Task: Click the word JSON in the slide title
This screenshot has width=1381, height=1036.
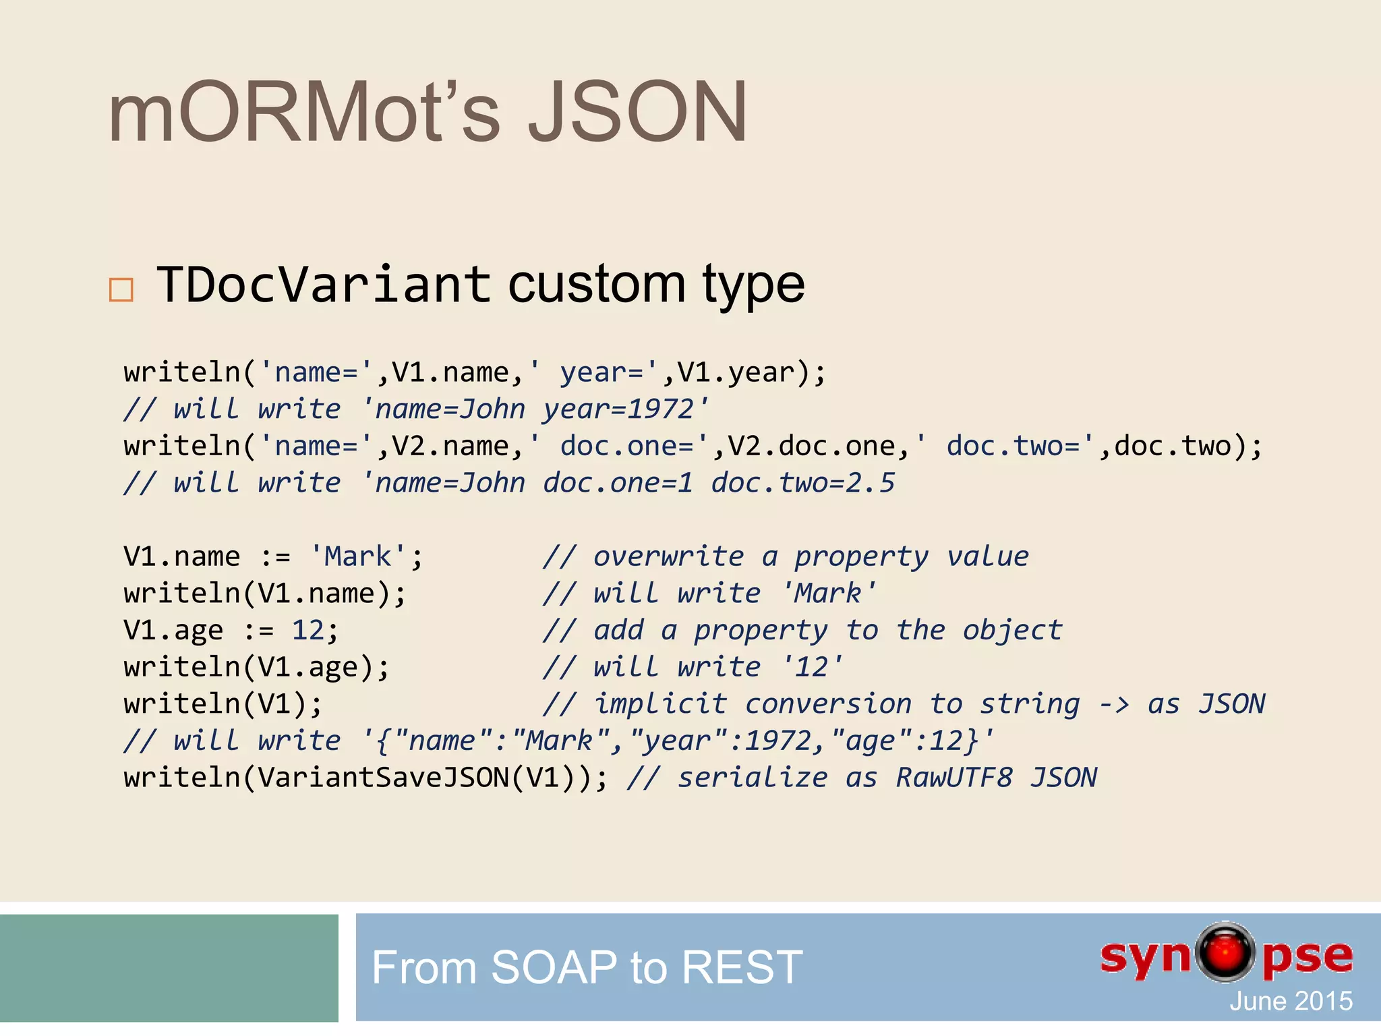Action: (637, 113)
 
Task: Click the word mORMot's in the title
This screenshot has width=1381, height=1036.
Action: (303, 113)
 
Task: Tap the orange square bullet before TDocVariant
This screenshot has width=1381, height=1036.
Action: (121, 289)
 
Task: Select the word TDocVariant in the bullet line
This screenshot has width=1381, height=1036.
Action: (324, 284)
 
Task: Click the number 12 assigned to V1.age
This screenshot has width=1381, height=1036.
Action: (307, 630)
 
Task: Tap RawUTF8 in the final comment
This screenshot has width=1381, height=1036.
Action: (953, 778)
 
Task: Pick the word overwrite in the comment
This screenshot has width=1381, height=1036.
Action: (668, 556)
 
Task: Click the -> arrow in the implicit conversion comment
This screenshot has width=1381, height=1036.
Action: (1113, 704)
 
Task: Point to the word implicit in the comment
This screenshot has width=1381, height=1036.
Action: (660, 704)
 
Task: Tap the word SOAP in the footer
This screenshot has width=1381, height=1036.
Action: (553, 967)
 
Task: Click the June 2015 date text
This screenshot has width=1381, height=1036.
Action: (1291, 1001)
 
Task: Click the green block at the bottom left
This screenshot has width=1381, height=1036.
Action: (169, 967)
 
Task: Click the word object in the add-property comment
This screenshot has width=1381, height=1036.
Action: (1012, 630)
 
